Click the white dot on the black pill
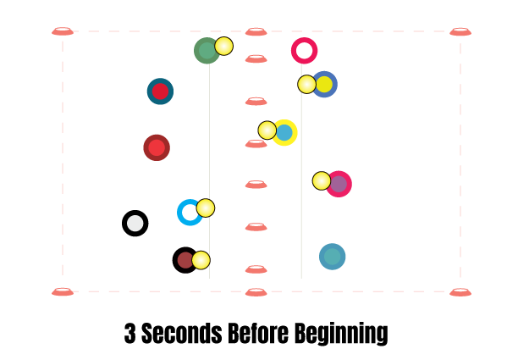[x=135, y=224]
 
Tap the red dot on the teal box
[x=160, y=91]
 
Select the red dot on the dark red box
[x=157, y=148]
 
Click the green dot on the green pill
[x=207, y=50]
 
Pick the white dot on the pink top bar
[x=304, y=51]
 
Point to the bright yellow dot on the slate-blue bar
[x=324, y=85]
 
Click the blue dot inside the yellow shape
[x=284, y=133]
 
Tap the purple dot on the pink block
[x=339, y=184]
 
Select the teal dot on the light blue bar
[x=332, y=257]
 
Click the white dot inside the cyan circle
[x=190, y=213]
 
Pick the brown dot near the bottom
[x=185, y=260]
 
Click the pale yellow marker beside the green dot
[x=223, y=46]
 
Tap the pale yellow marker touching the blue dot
[x=267, y=130]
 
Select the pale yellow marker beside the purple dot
[x=322, y=180]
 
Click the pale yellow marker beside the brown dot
[x=201, y=260]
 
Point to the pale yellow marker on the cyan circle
[x=206, y=208]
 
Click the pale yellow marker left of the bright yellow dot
[x=306, y=85]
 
